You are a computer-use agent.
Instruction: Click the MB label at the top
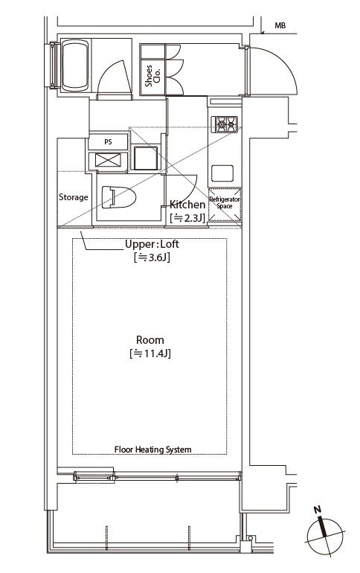click(280, 25)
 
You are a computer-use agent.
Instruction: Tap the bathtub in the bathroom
click(75, 65)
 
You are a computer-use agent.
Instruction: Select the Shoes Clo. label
click(152, 76)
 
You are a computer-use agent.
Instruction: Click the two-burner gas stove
click(226, 124)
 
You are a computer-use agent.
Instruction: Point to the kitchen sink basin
click(222, 173)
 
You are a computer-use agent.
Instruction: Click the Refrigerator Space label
click(225, 202)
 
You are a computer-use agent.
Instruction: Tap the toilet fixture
click(119, 197)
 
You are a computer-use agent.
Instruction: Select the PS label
click(108, 142)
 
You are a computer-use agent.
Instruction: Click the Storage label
click(74, 197)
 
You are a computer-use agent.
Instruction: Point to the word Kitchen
click(187, 205)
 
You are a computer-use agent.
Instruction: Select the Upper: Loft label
click(152, 244)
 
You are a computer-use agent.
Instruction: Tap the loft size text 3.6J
click(152, 257)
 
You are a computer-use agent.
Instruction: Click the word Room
click(150, 340)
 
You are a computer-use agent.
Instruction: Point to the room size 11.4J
click(150, 353)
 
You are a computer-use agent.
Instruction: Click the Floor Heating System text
click(153, 449)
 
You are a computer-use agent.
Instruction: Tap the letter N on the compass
click(318, 510)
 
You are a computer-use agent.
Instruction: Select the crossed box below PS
click(108, 161)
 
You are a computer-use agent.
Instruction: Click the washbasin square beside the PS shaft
click(145, 158)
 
